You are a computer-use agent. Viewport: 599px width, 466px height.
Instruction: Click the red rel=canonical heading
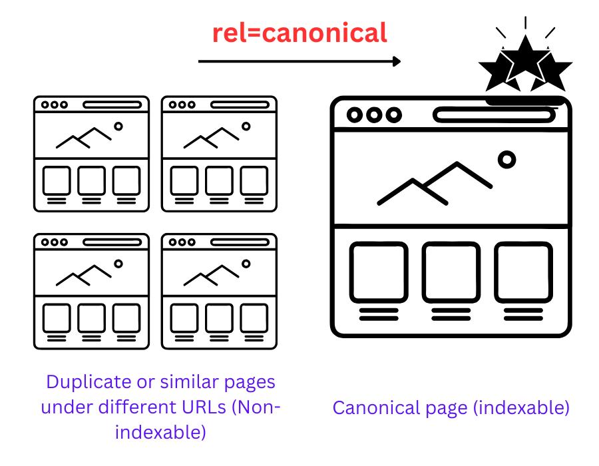[x=300, y=33]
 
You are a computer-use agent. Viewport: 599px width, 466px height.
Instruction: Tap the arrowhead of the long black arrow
[x=397, y=61]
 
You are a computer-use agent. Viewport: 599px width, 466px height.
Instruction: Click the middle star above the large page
[x=525, y=59]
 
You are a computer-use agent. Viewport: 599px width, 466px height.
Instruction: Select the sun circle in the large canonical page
[x=507, y=160]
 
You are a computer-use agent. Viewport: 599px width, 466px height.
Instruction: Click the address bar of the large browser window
[x=494, y=115]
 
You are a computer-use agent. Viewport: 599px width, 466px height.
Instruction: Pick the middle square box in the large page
[x=451, y=272]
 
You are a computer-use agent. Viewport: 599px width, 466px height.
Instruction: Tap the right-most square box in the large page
[x=523, y=272]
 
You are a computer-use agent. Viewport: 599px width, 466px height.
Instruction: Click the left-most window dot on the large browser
[x=355, y=115]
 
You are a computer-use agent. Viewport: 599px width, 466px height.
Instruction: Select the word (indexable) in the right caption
[x=521, y=408]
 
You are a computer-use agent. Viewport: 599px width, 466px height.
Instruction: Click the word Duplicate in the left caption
[x=89, y=382]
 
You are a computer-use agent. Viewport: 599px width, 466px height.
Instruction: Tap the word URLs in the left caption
[x=204, y=407]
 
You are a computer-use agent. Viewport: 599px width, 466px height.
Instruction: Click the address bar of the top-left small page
[x=112, y=105]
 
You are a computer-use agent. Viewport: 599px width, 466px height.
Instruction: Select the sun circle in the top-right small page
[x=246, y=126]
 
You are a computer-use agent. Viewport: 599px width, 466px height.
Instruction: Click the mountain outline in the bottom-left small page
[x=84, y=275]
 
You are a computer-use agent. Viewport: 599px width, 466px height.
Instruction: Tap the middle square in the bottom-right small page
[x=219, y=318]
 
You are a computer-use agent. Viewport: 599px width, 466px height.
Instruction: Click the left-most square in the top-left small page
[x=57, y=180]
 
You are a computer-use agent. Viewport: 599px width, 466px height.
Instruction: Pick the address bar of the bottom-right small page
[x=240, y=242]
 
